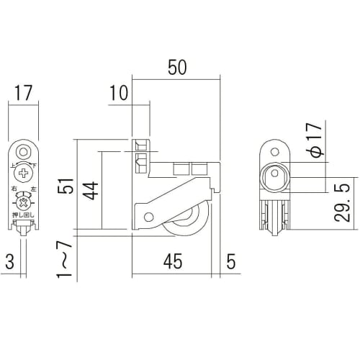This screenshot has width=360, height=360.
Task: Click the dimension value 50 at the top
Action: (176, 67)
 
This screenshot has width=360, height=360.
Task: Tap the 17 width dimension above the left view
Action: (24, 93)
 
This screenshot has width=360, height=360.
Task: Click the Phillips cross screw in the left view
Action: (24, 173)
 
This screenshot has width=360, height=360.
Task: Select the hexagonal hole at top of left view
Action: (24, 152)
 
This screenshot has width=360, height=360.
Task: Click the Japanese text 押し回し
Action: (24, 215)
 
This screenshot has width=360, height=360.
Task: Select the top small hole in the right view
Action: (274, 151)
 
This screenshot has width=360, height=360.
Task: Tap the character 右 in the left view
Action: (14, 189)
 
